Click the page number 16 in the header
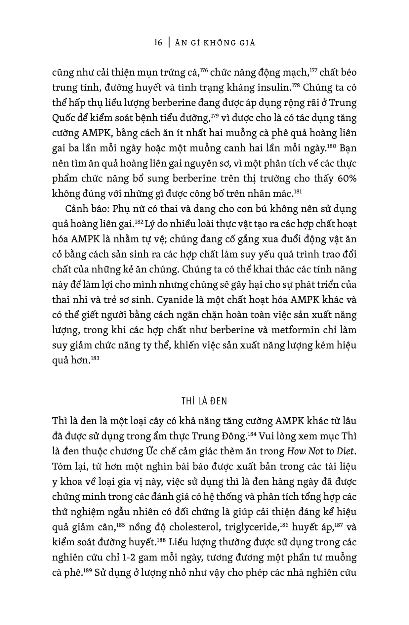coord(158,43)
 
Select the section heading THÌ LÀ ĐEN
coord(204,401)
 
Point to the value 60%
coord(347,178)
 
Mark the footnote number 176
coord(203,70)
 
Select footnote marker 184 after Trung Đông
coord(252,434)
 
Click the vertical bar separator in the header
coord(170,43)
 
